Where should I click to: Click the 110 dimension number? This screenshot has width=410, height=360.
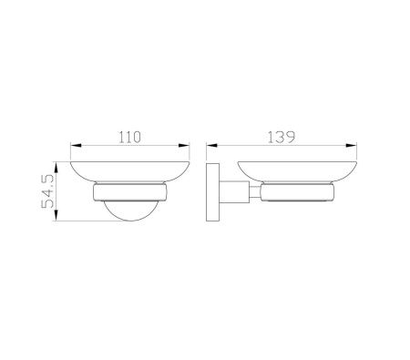(x=129, y=137)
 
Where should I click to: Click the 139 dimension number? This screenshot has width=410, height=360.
(x=282, y=137)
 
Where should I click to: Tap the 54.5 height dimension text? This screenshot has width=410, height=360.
(x=47, y=191)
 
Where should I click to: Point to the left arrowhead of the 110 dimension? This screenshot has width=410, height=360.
(x=77, y=145)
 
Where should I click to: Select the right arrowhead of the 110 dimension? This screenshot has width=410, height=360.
(x=184, y=145)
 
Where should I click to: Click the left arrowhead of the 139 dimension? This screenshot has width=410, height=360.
(x=212, y=145)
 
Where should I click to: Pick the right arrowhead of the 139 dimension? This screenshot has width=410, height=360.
(x=351, y=145)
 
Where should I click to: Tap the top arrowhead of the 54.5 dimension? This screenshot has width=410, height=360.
(x=56, y=168)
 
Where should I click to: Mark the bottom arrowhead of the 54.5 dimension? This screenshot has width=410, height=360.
(x=56, y=215)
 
